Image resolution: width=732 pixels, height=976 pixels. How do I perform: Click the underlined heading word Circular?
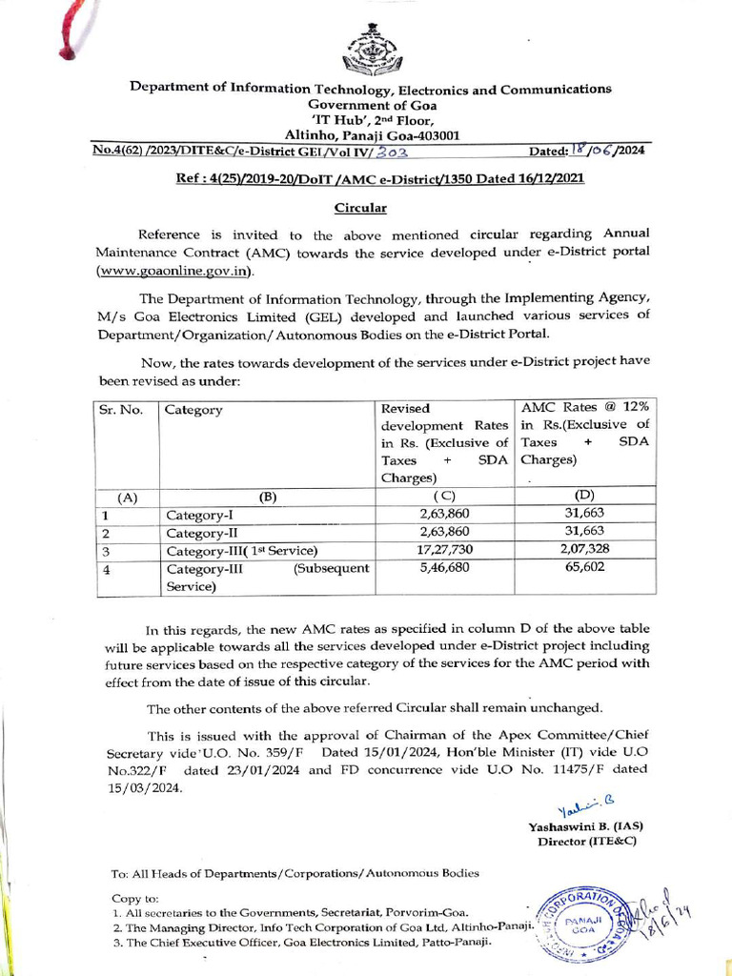pos(360,207)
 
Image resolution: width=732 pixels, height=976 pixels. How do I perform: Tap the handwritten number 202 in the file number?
pos(393,152)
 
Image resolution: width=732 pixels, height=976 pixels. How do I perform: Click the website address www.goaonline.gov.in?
pos(174,272)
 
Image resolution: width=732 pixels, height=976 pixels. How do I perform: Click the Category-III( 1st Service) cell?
pos(241,551)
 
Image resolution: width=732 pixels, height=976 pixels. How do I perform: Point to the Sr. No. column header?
pos(119,410)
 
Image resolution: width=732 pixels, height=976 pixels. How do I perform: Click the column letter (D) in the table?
pos(585,496)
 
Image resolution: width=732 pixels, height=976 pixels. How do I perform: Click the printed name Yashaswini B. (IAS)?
pos(582,827)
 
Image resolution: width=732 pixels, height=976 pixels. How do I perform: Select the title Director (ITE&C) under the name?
pos(586,843)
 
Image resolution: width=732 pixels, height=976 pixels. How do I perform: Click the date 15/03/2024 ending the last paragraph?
pos(144,789)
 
